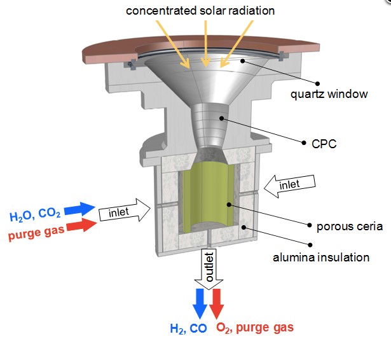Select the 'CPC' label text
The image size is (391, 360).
[x=325, y=144]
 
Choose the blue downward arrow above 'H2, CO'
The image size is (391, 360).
[x=200, y=302]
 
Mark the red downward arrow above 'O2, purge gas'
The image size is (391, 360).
[x=217, y=302]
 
